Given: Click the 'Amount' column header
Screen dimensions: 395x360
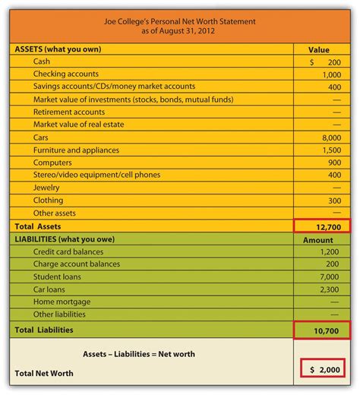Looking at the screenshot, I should tap(319, 239).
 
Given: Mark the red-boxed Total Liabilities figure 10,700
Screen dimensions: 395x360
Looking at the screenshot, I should tap(324, 329).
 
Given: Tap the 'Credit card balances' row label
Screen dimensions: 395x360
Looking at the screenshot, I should tap(68, 251).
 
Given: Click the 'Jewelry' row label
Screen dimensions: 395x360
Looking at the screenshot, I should tap(46, 188).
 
